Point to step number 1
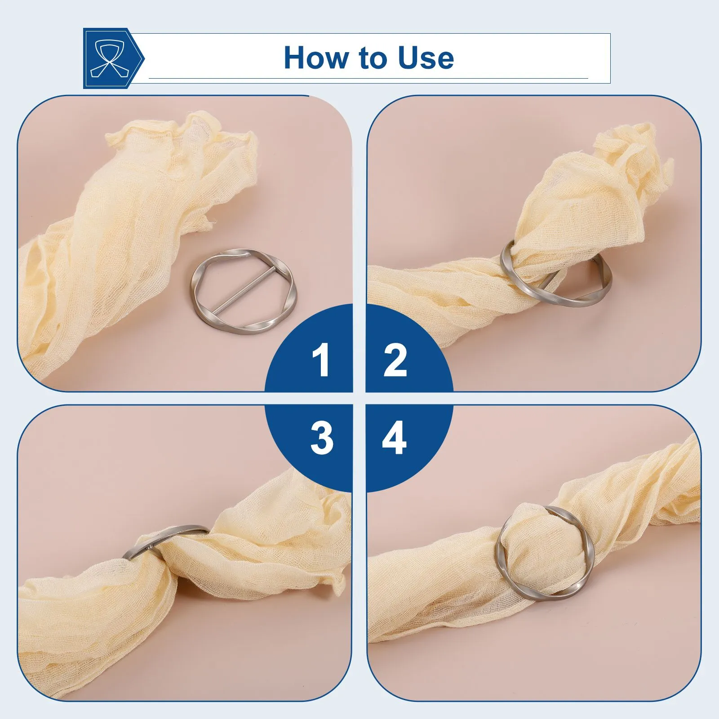click(321, 359)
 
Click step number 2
click(395, 359)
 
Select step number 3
click(322, 438)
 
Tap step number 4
click(395, 438)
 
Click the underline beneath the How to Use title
click(368, 79)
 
